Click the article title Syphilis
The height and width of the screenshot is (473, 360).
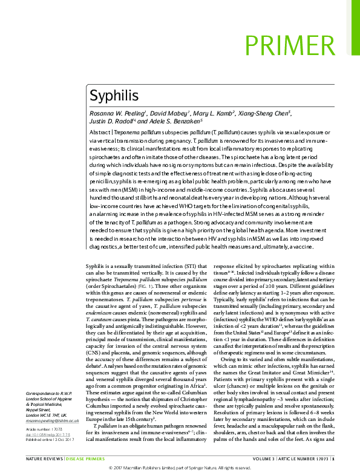click(114, 96)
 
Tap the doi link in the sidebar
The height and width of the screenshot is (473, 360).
click(48, 434)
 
